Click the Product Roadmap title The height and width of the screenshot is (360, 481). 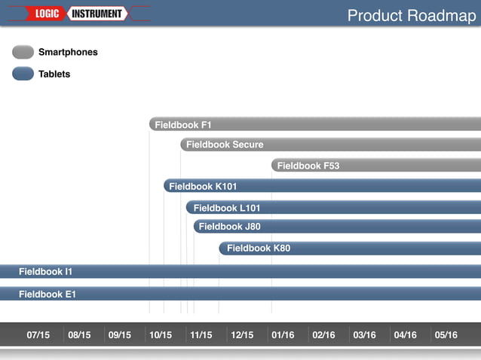[411, 16]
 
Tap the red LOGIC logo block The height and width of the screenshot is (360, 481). [48, 14]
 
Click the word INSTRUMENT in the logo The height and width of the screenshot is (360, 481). [97, 14]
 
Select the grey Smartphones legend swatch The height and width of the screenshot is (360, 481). [23, 52]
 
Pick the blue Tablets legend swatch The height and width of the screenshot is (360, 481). [23, 74]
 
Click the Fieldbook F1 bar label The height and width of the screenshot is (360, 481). [183, 125]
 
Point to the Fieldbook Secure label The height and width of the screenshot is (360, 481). [225, 145]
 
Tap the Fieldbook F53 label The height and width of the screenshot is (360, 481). [308, 166]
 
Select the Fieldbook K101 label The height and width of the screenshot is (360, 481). [203, 186]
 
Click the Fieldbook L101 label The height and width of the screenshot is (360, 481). [227, 208]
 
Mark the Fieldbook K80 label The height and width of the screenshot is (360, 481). [259, 248]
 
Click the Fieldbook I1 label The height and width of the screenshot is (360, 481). [45, 271]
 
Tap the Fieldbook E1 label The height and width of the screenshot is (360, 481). [47, 294]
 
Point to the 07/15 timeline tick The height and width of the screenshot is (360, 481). [38, 335]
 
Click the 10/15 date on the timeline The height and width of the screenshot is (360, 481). [161, 335]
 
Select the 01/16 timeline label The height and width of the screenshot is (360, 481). [283, 335]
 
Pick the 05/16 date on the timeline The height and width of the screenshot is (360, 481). [446, 335]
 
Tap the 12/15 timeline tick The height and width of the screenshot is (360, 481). [242, 335]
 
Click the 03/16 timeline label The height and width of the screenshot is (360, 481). [364, 335]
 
